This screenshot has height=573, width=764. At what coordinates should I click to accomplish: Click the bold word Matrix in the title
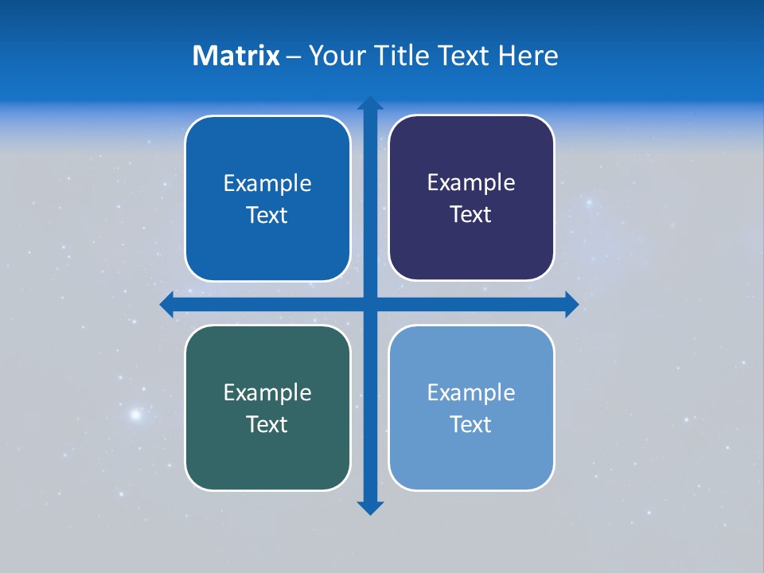click(236, 56)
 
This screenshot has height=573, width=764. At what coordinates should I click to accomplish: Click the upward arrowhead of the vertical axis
click(370, 103)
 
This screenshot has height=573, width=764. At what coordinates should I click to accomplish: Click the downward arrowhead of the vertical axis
click(370, 508)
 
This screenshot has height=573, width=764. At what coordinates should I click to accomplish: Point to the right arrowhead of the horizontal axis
click(571, 305)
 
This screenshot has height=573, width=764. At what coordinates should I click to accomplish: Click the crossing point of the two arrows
click(370, 305)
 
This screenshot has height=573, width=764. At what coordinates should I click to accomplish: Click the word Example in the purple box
click(471, 182)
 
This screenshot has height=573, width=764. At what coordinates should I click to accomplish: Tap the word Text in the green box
click(267, 424)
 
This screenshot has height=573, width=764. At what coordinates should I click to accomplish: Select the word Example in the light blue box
click(471, 392)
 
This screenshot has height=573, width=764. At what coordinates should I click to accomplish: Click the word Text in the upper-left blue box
click(267, 215)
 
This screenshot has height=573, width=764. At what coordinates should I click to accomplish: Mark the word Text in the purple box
click(470, 214)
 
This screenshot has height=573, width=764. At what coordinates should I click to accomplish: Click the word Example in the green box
click(267, 392)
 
